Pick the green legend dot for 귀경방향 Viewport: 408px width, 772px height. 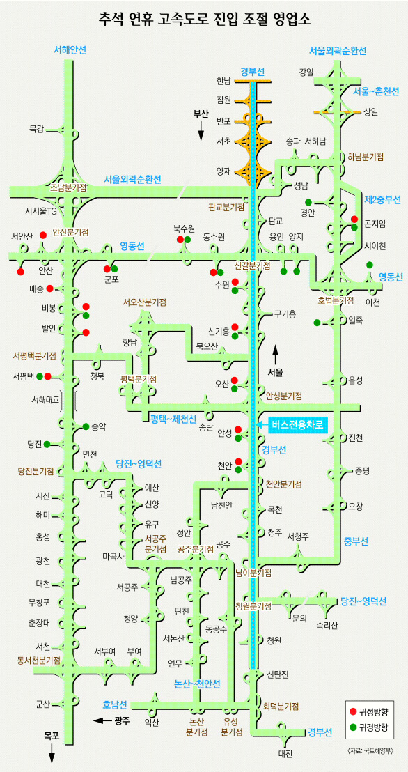pyautogui.click(x=352, y=726)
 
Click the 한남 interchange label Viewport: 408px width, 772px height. pyautogui.click(x=223, y=80)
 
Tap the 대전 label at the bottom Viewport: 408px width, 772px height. pyautogui.click(x=285, y=753)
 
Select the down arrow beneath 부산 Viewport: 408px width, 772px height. pyautogui.click(x=201, y=132)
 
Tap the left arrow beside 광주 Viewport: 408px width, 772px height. pyautogui.click(x=102, y=721)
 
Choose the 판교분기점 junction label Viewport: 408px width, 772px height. pyautogui.click(x=226, y=207)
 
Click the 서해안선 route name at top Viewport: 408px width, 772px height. pyautogui.click(x=70, y=49)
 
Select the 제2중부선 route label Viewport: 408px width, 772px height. pyautogui.click(x=382, y=200)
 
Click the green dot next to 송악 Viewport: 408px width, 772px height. pyautogui.click(x=86, y=426)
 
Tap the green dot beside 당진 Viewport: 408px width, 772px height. pyautogui.click(x=47, y=444)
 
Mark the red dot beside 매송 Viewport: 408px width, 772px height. pyautogui.click(x=49, y=288)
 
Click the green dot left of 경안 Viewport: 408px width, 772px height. pyautogui.click(x=308, y=202)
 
